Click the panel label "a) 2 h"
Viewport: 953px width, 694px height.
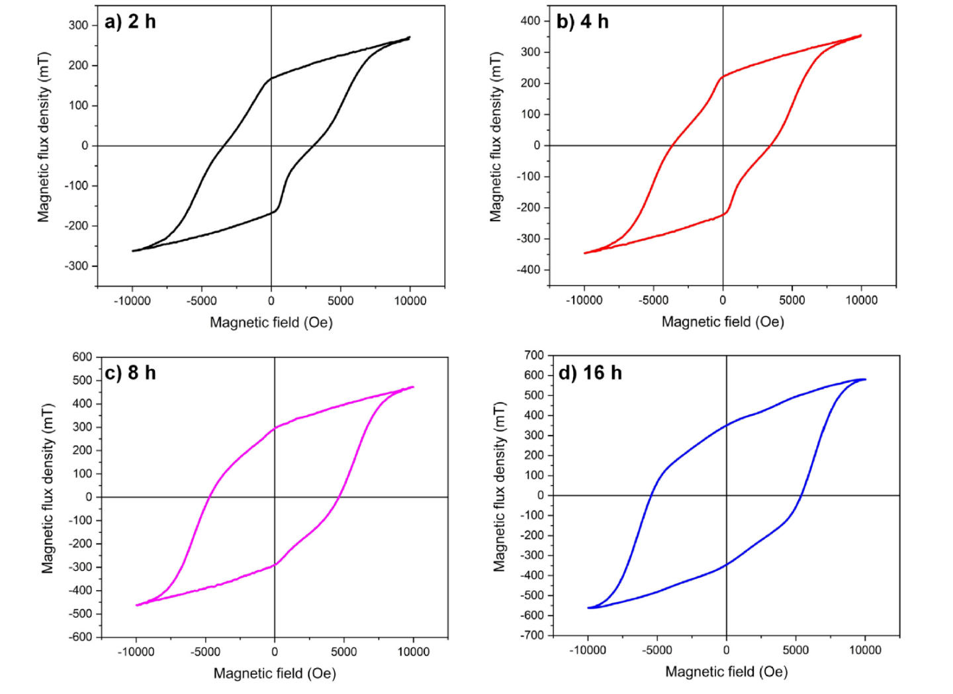pos(130,22)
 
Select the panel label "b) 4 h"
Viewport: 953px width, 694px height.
pos(582,22)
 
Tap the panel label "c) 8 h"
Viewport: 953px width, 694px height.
pos(130,373)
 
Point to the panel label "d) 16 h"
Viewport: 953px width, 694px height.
pos(590,373)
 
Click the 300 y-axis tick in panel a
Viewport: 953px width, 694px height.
pos(78,25)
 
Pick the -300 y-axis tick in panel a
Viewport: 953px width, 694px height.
pos(76,266)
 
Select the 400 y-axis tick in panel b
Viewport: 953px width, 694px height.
pos(530,21)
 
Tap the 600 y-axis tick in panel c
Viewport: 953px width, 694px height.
pos(82,357)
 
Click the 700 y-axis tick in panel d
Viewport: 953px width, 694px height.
pos(533,356)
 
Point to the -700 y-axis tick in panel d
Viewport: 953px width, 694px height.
pos(531,635)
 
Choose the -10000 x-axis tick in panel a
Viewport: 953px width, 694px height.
pos(132,301)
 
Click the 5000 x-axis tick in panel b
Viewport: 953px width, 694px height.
pos(792,300)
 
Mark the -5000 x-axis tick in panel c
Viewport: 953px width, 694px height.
pos(205,652)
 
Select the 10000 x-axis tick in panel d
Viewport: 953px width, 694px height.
pos(865,650)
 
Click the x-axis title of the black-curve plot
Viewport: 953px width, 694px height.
pos(271,322)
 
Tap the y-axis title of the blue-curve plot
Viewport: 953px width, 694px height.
pos(500,487)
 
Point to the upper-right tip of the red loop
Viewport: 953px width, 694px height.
pos(860,35)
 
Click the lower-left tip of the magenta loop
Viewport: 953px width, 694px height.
pos(137,605)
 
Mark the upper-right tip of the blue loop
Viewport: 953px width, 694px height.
pos(864,379)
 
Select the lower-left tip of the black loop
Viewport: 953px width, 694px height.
pos(134,251)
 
